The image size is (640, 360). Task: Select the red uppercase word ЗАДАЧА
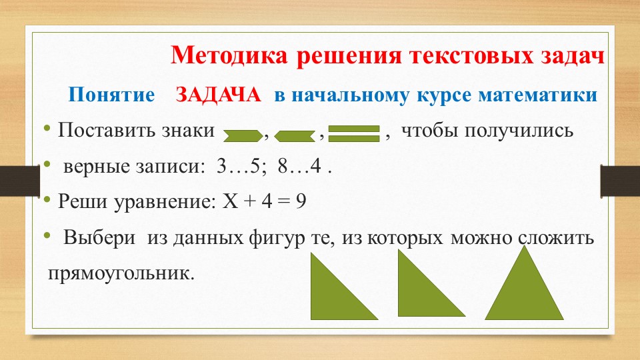[218, 95]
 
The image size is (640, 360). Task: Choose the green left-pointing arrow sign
[294, 135]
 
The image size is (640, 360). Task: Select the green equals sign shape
[354, 134]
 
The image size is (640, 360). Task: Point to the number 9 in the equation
[301, 201]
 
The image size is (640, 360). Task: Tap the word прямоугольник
[121, 273]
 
